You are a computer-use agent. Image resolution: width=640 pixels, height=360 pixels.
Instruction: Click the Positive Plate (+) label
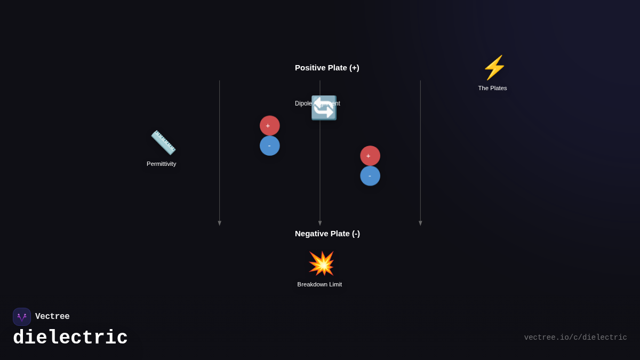[x=327, y=68]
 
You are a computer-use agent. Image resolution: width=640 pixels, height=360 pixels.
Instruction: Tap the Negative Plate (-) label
[x=327, y=234]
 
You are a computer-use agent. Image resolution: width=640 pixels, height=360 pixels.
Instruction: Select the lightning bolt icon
[x=494, y=68]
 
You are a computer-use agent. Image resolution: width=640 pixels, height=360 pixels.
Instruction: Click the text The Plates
[x=492, y=88]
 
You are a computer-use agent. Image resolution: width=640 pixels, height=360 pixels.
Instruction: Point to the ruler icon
[x=163, y=142]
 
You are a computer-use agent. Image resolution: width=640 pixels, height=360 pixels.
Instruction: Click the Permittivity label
[x=161, y=164]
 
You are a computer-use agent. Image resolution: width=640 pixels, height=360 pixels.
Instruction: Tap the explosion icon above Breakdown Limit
[x=321, y=263]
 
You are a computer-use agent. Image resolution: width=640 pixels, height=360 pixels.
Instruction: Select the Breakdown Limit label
[x=319, y=284]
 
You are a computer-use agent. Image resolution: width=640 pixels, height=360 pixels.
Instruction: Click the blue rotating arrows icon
[x=324, y=108]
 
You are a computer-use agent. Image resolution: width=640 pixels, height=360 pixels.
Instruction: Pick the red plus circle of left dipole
[x=270, y=125]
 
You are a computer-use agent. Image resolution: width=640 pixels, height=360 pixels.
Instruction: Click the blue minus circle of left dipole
[x=270, y=146]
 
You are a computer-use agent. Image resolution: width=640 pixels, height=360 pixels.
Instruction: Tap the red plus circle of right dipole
[x=370, y=156]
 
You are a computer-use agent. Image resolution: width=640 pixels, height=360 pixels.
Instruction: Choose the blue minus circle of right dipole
[x=370, y=176]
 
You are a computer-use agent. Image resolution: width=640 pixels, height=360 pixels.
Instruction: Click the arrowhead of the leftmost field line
[x=219, y=223]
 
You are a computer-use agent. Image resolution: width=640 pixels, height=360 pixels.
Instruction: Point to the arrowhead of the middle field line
[x=320, y=223]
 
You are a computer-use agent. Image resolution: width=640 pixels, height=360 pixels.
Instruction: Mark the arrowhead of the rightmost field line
[x=420, y=223]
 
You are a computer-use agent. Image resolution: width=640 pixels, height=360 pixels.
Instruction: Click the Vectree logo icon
[x=22, y=317]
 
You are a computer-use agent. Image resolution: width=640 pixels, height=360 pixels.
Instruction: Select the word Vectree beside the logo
[x=52, y=317]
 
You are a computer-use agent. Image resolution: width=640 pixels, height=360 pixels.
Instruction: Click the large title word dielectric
[x=70, y=338]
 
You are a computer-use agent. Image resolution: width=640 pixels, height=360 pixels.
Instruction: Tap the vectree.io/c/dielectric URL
[x=575, y=338]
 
